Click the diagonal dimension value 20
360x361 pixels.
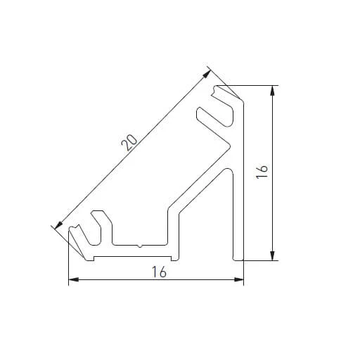tap(129, 141)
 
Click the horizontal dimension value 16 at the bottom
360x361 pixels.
tap(159, 272)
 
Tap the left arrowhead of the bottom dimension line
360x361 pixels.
tap(72, 281)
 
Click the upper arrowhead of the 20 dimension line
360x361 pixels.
tap(207, 71)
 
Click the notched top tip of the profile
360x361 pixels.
tap(217, 89)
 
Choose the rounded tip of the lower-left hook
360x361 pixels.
tap(72, 229)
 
